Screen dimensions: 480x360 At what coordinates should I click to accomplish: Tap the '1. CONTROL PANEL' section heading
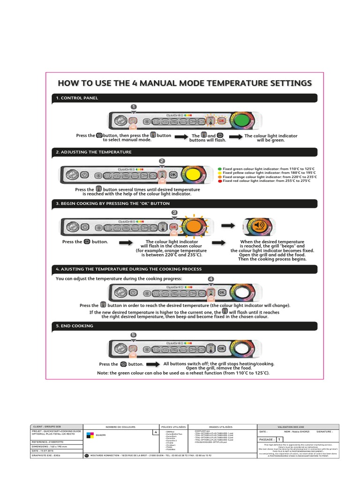click(x=77, y=98)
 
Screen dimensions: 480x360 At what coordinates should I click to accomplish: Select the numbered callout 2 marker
click(x=162, y=161)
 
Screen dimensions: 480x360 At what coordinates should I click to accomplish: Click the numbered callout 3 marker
click(x=174, y=212)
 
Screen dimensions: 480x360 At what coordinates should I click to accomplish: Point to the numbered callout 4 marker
click(x=211, y=279)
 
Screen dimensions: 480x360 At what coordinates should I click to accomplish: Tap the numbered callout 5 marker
click(x=134, y=335)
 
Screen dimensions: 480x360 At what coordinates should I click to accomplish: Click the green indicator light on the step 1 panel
click(x=241, y=121)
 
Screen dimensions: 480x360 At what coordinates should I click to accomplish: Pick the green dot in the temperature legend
click(x=220, y=168)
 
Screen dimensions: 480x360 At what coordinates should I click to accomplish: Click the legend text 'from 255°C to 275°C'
click(x=293, y=181)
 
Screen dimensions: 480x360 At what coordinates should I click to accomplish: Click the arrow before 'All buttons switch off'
click(x=152, y=364)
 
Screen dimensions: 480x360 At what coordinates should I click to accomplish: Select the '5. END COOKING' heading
click(x=75, y=326)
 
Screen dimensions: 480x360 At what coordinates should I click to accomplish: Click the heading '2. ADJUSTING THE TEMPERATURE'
click(x=94, y=152)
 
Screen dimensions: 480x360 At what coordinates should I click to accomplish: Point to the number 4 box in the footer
click(x=155, y=432)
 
